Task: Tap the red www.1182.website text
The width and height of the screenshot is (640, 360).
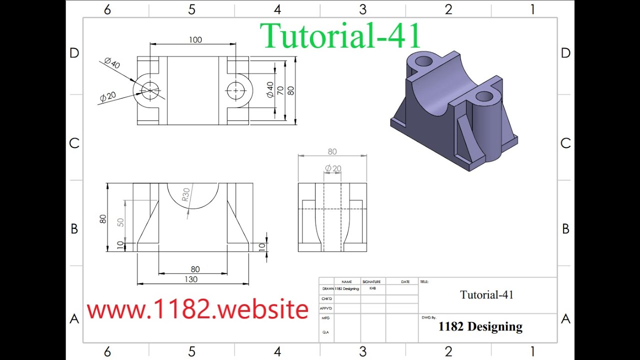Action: tap(197, 310)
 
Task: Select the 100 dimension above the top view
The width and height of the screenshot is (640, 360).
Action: tap(195, 40)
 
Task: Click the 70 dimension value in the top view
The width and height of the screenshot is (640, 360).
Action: tap(280, 90)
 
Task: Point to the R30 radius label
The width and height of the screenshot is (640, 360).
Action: tap(186, 194)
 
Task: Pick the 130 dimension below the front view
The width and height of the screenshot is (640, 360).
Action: tap(191, 279)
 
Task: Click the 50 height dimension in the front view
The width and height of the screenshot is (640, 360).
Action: tap(120, 222)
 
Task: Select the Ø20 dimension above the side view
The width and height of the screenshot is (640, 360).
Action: tap(333, 168)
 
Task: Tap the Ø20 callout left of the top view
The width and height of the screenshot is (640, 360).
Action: tap(107, 96)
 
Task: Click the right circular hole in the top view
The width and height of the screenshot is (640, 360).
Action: tap(235, 91)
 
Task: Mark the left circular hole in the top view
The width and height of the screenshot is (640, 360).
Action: tap(149, 90)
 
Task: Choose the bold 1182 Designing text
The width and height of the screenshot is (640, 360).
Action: tap(480, 326)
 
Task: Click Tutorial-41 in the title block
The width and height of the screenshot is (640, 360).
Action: tap(486, 295)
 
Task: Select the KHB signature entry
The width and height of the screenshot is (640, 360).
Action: tap(373, 288)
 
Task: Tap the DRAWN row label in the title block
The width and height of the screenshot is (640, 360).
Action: tap(328, 289)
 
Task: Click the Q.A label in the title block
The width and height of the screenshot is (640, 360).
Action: tap(325, 332)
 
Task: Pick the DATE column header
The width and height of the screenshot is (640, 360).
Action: tap(405, 282)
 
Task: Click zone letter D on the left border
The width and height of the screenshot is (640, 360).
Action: tap(74, 53)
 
